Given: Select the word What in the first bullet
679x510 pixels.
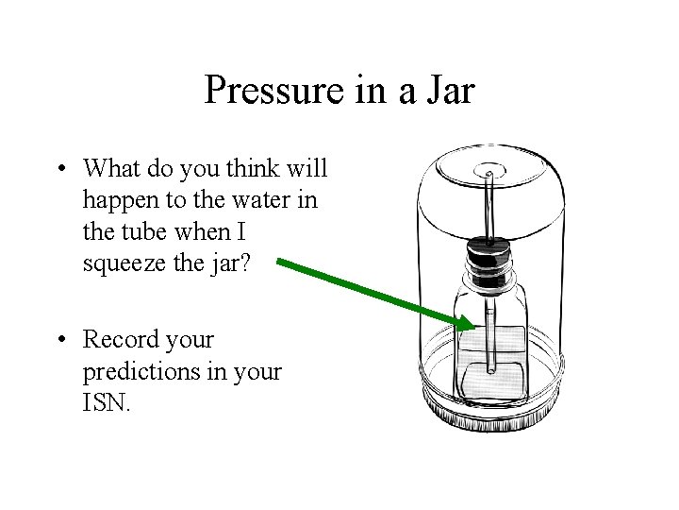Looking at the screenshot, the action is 111,169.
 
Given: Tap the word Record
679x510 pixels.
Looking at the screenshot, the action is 120,338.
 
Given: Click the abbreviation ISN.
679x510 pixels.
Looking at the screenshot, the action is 110,402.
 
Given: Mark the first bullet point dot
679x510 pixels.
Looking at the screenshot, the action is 59,170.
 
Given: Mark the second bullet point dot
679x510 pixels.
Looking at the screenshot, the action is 59,339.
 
